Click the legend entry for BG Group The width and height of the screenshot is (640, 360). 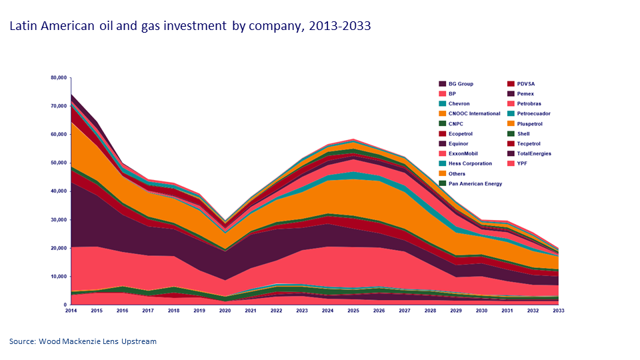click(x=461, y=84)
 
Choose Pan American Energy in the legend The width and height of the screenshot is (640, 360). click(x=475, y=183)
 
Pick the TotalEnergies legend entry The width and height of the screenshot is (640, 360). click(x=535, y=153)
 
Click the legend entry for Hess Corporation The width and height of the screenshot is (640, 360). click(x=470, y=163)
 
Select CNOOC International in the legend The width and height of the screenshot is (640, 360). click(x=474, y=113)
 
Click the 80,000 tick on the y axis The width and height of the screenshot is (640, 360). click(x=59, y=77)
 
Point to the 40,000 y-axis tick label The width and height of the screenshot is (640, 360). click(x=59, y=191)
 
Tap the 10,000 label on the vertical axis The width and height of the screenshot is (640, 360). click(x=59, y=277)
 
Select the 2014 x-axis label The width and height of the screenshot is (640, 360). click(x=71, y=311)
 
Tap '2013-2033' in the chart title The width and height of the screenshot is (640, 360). click(x=337, y=27)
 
